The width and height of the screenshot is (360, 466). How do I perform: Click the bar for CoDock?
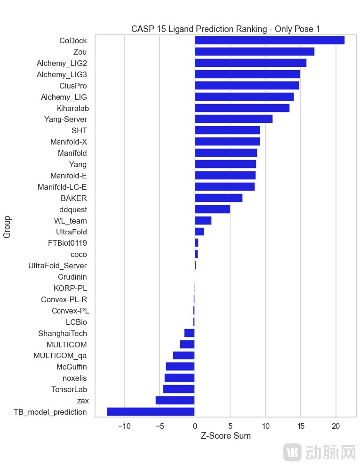(270, 40)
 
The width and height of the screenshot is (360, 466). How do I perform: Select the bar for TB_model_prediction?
(151, 412)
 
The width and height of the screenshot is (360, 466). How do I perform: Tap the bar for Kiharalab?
(242, 108)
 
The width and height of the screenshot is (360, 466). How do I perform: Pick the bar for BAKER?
(218, 198)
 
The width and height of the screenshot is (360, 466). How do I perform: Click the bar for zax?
(175, 401)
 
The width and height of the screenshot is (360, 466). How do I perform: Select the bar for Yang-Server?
(233, 119)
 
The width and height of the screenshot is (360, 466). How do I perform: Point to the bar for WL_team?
(203, 221)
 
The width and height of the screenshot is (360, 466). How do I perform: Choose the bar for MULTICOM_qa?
(184, 355)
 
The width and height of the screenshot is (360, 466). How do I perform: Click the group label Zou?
(80, 52)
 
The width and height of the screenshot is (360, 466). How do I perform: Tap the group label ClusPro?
(73, 86)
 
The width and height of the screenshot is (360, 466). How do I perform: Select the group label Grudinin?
(72, 277)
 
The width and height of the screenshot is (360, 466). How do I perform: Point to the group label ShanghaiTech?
(62, 333)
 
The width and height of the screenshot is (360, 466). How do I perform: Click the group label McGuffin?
(72, 367)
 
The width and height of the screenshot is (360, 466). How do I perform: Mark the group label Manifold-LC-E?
(62, 187)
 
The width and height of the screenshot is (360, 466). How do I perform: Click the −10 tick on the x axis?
(124, 426)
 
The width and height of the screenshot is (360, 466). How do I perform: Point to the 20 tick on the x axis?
(336, 426)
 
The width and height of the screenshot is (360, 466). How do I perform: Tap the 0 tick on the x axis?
(195, 426)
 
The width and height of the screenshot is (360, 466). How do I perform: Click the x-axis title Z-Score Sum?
(225, 436)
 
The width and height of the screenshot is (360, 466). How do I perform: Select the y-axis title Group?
(7, 227)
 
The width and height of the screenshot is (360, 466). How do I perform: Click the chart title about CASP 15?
(225, 29)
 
